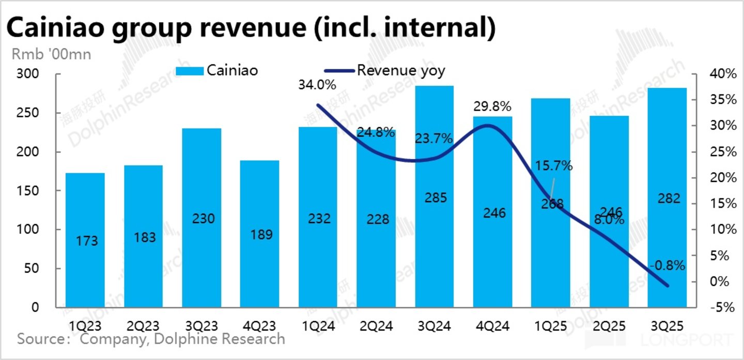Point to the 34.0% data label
click(317, 84)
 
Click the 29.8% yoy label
click(492, 106)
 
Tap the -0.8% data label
click(667, 265)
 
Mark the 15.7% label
click(553, 166)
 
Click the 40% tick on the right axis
click(722, 74)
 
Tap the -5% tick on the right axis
click(722, 307)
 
